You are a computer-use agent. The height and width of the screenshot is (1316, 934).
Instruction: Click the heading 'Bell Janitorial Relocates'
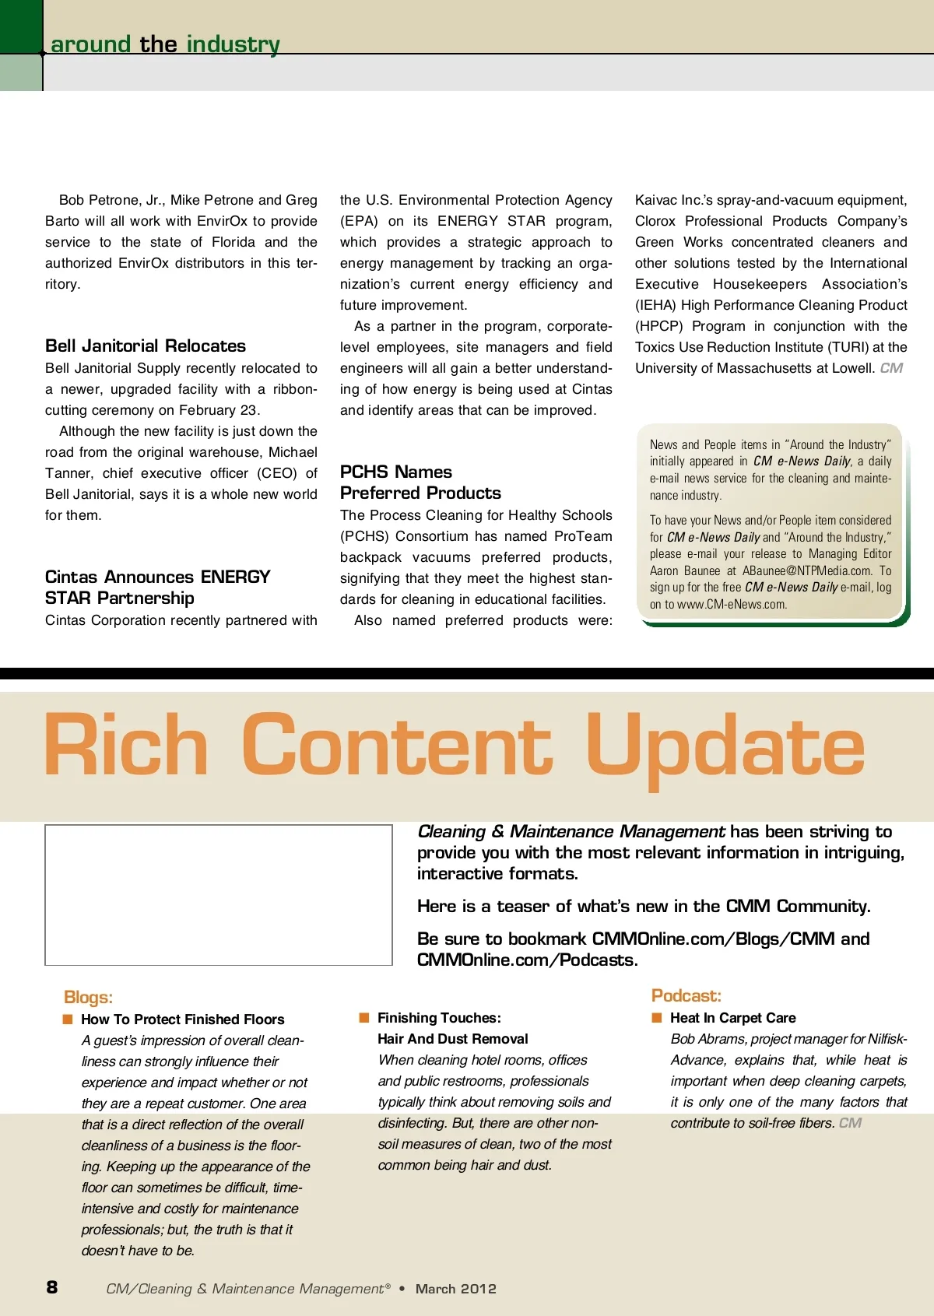(x=146, y=346)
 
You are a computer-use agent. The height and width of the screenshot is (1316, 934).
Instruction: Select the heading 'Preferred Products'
(x=420, y=493)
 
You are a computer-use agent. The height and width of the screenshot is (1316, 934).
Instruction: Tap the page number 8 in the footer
(x=52, y=1287)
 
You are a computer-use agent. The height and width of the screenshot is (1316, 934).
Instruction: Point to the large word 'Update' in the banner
(x=725, y=747)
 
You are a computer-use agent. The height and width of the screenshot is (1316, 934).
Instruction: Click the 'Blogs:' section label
(x=88, y=998)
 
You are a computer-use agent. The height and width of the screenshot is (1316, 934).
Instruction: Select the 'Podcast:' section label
(x=686, y=996)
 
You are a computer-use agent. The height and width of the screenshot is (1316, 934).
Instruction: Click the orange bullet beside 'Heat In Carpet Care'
(x=657, y=1018)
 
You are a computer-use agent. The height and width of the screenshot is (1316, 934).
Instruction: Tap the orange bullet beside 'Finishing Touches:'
(x=363, y=1018)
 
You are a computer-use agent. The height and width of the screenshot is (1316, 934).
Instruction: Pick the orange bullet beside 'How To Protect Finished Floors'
(x=68, y=1019)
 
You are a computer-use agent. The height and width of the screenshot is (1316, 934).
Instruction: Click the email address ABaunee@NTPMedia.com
(x=807, y=571)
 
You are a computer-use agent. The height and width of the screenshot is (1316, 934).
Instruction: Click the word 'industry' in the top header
(x=233, y=44)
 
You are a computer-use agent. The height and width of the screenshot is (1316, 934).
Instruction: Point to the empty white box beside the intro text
(x=219, y=895)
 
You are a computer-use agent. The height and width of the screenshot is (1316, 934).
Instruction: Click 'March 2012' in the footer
(x=455, y=1289)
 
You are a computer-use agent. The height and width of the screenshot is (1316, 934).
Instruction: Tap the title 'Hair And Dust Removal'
(x=452, y=1039)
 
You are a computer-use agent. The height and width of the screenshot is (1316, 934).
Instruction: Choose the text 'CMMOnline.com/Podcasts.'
(x=527, y=960)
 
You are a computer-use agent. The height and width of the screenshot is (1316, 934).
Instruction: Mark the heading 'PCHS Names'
(x=395, y=472)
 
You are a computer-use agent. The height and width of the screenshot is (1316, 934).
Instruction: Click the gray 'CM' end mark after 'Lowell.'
(x=891, y=368)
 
